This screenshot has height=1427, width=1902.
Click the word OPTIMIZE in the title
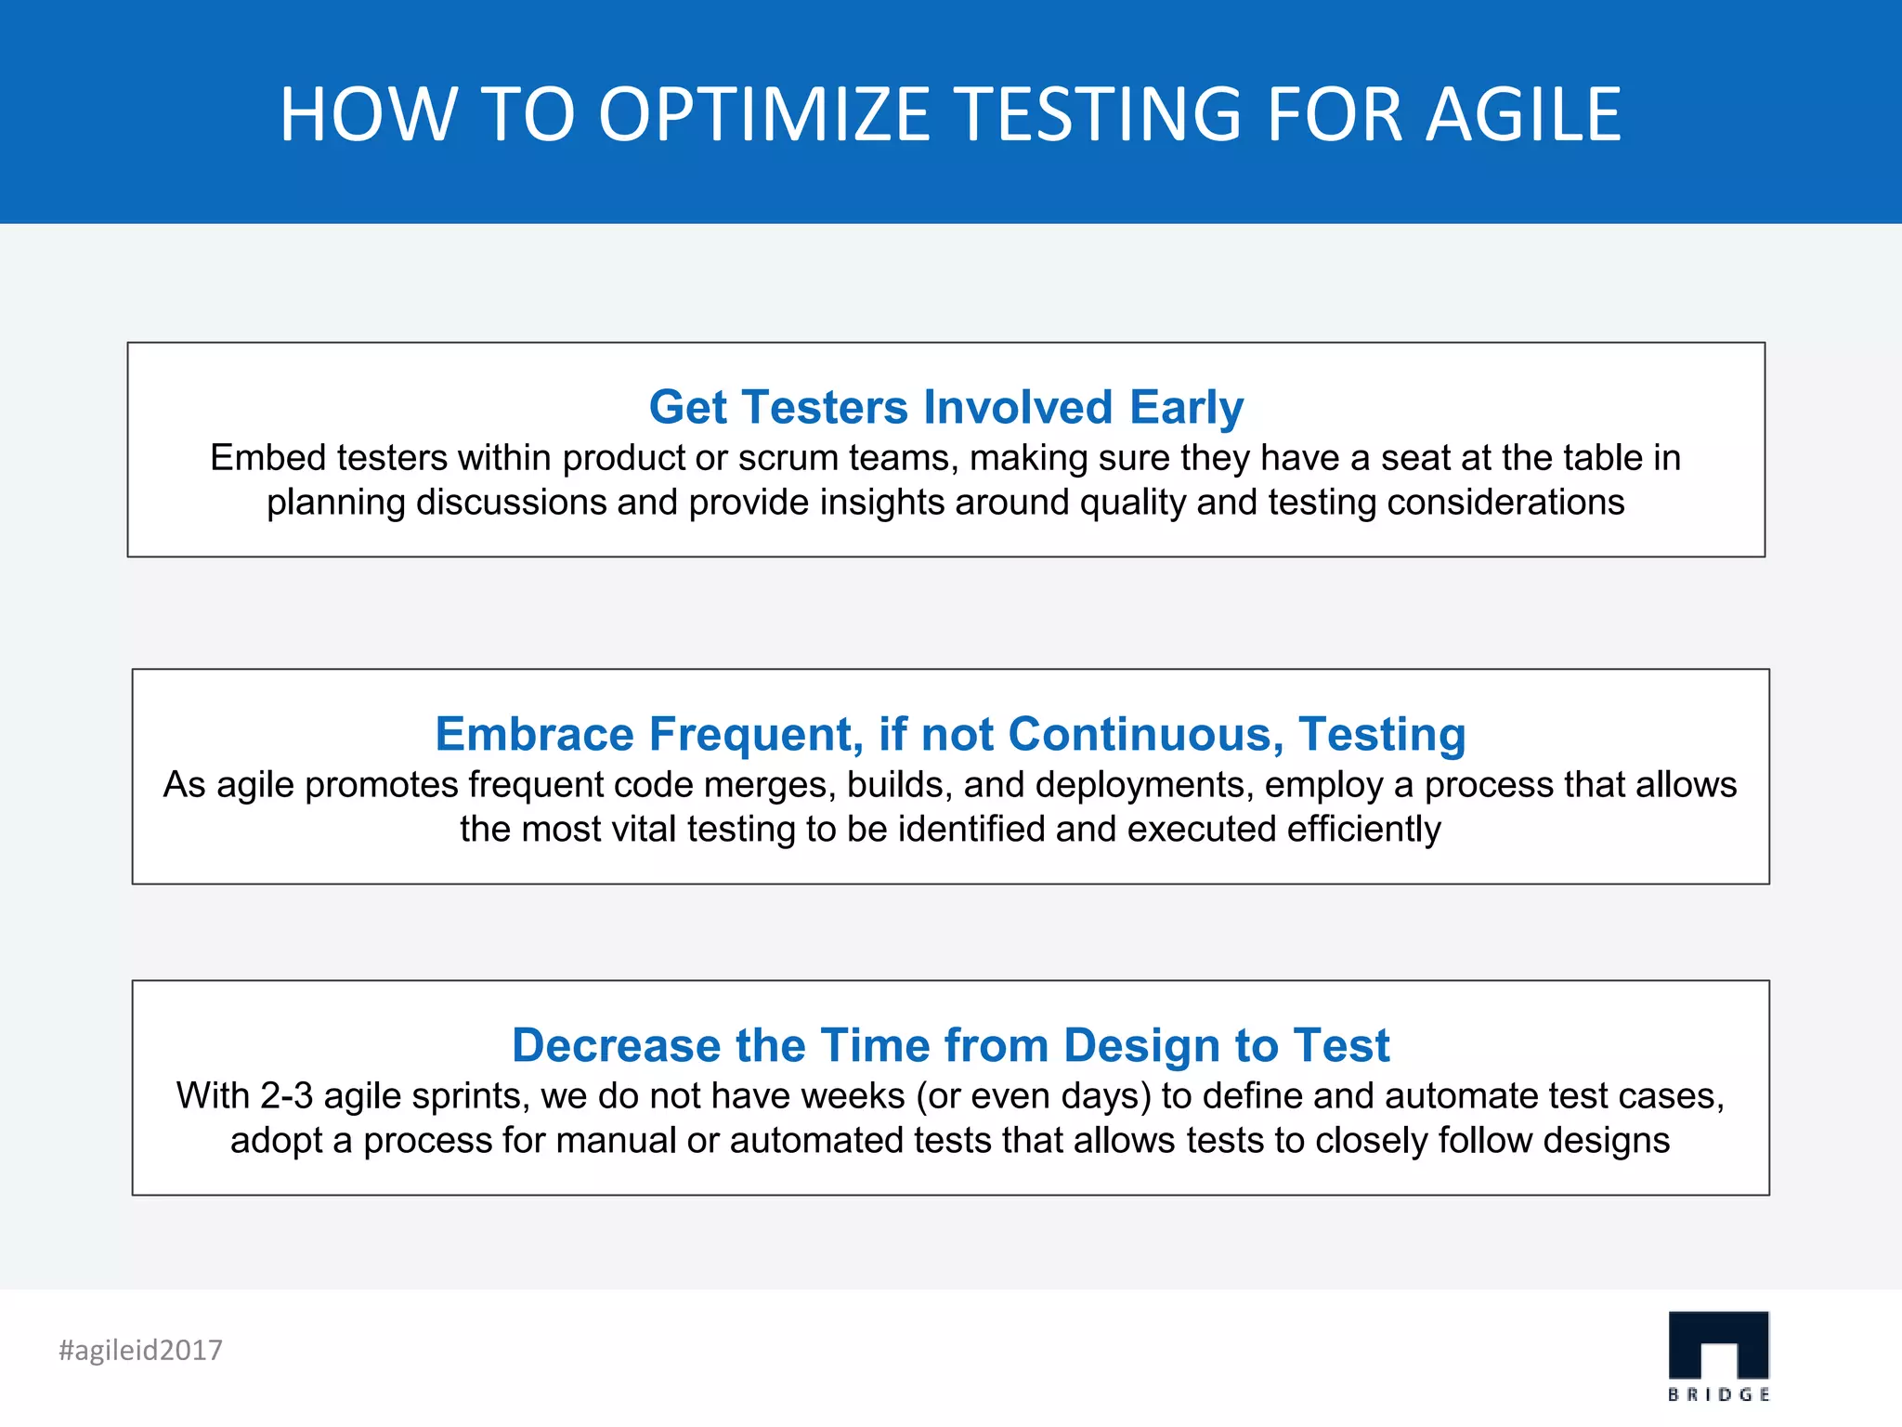coord(763,114)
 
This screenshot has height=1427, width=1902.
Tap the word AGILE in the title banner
coord(1523,114)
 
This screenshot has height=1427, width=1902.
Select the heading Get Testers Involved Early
coord(945,407)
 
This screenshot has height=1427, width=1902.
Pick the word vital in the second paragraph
coord(642,830)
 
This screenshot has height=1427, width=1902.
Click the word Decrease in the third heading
coord(616,1045)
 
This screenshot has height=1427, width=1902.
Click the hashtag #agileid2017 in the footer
coord(140,1350)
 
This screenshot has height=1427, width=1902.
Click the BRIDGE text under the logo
coord(1718,1394)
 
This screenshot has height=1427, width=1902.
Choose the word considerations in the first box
coord(1505,503)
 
